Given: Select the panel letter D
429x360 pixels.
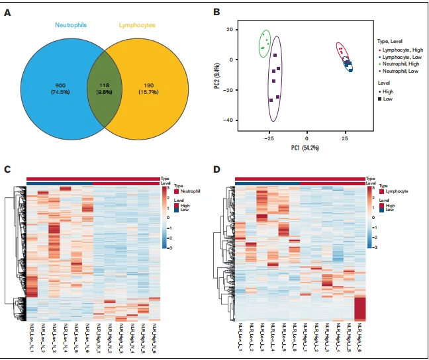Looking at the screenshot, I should (x=217, y=169).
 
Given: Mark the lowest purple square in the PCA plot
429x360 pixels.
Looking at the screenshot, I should (x=271, y=100).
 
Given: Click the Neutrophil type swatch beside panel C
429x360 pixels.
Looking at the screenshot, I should (x=177, y=191).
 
